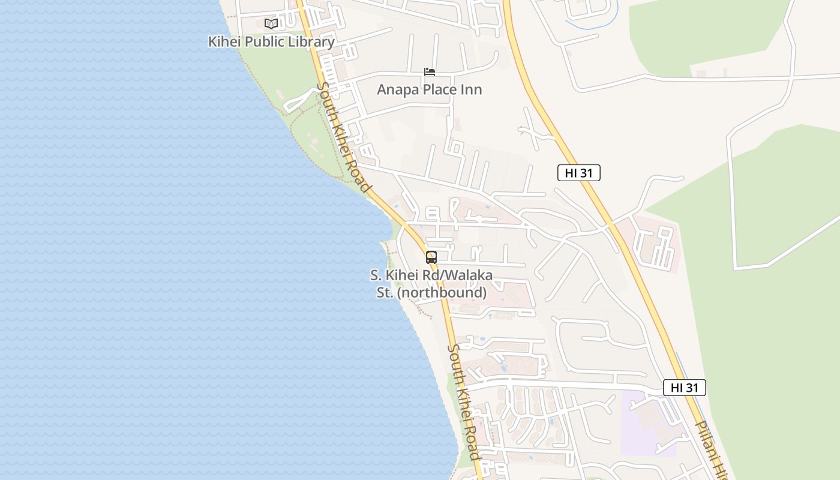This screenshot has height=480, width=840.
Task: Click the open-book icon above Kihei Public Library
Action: tap(271, 24)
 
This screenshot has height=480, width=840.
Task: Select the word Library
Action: tap(312, 42)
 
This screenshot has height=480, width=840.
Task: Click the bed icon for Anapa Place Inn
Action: tap(430, 72)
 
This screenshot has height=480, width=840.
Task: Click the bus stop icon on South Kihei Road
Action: tap(431, 257)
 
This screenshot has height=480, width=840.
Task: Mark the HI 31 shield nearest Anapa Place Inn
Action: tap(579, 173)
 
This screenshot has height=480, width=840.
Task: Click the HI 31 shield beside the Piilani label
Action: tap(685, 388)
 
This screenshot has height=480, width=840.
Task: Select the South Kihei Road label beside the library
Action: tap(342, 137)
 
